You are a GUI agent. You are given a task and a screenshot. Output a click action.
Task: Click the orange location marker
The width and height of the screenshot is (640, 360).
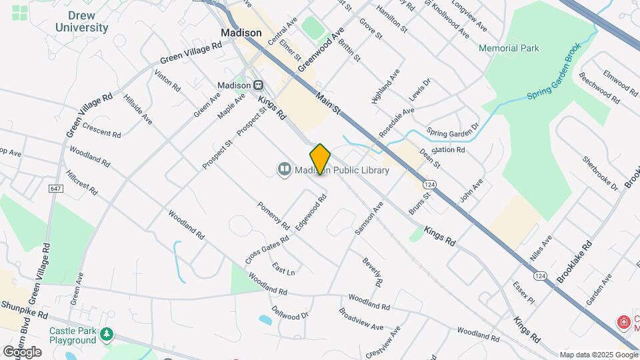tap(320, 159)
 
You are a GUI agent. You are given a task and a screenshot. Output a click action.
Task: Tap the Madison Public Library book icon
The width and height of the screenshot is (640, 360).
tap(285, 170)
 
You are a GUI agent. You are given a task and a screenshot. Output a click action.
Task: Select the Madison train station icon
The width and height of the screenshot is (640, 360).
tap(258, 85)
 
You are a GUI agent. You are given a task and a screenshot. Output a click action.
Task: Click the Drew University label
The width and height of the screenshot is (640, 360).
tap(81, 21)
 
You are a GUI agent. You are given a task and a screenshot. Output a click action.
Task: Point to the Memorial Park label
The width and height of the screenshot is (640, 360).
tap(509, 48)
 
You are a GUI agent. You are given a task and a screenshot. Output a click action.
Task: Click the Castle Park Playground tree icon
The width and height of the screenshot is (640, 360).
tap(106, 333)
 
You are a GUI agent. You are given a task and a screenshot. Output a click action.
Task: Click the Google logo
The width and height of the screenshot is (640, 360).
tap(22, 351)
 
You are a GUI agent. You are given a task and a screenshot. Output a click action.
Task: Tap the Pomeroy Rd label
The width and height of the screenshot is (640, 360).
tap(273, 213)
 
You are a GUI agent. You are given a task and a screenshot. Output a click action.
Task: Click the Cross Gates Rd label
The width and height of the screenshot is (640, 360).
tap(267, 248)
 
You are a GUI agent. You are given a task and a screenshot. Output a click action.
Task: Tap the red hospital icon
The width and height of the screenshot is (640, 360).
tap(624, 323)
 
